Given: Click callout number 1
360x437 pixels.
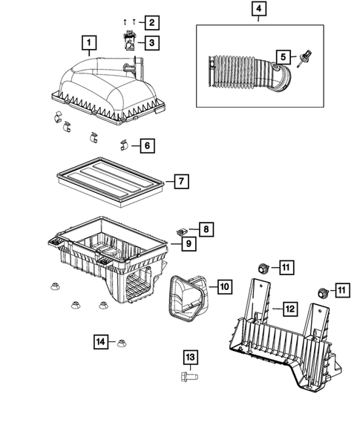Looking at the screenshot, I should click(89, 42).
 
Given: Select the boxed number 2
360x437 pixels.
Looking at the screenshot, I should click(151, 23).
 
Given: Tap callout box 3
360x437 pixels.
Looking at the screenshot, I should click(151, 44).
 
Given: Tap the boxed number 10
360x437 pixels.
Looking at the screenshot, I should click(223, 285).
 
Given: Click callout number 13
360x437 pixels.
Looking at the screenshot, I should click(191, 358).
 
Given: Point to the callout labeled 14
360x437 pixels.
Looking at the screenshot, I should click(102, 341).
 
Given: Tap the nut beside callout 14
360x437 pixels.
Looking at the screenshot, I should click(122, 342).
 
